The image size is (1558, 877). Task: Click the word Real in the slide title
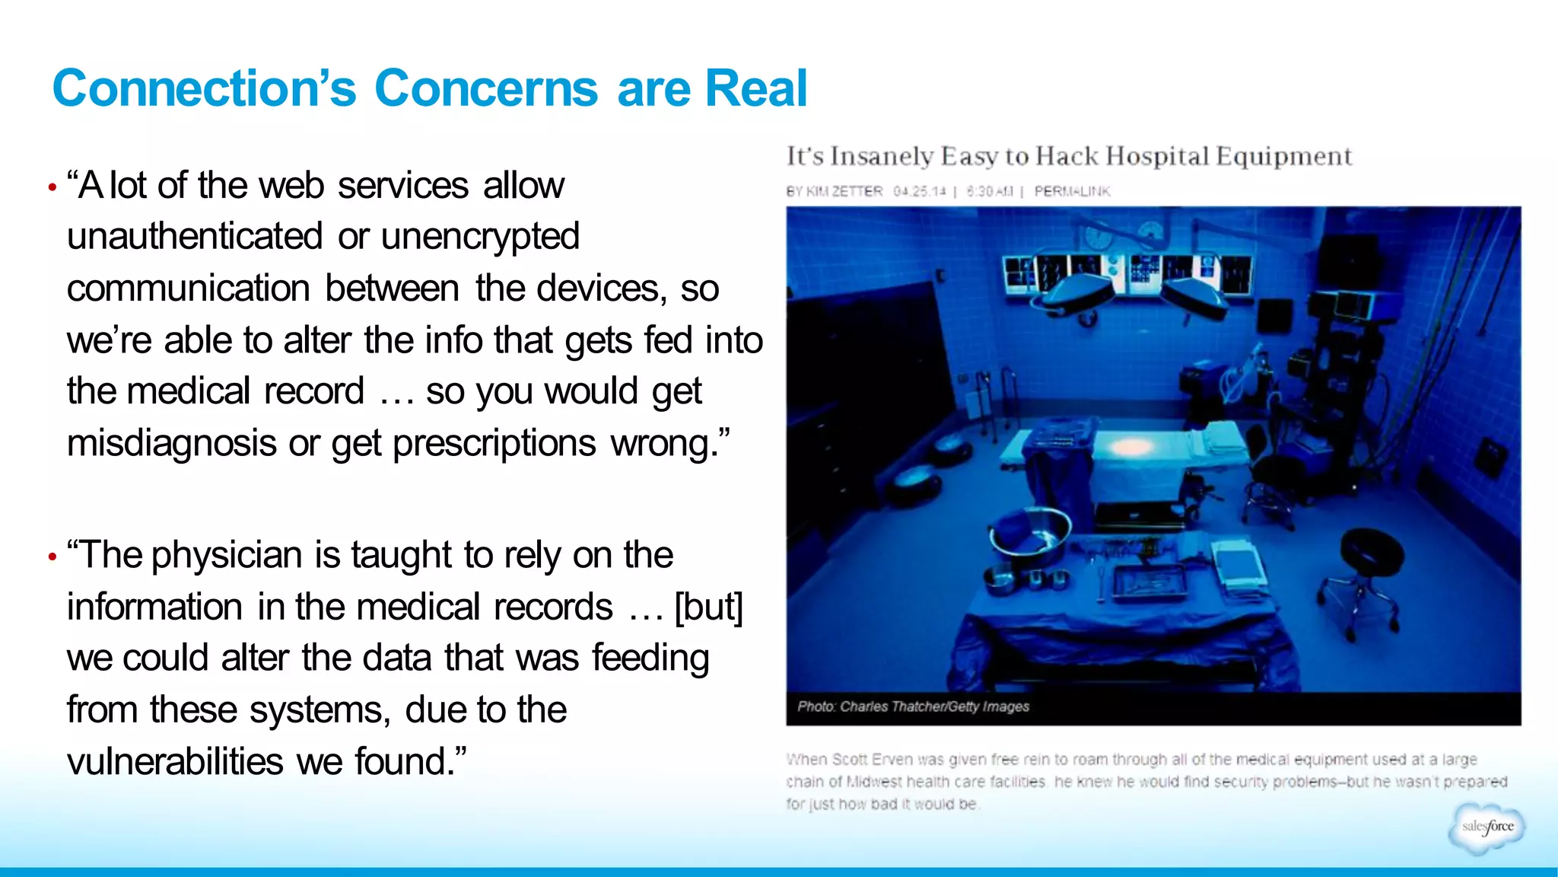755,88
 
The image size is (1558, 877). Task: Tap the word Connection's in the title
204,88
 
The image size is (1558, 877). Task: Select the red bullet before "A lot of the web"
52,187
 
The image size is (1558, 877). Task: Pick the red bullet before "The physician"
52,557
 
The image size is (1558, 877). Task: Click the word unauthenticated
195,236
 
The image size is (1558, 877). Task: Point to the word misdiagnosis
171,443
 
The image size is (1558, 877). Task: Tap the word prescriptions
494,443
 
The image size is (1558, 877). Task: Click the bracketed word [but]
709,608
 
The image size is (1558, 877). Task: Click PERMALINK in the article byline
1072,191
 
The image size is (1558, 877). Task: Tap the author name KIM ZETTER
844,191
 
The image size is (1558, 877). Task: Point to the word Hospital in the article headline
1156,156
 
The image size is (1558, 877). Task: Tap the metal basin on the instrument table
1031,531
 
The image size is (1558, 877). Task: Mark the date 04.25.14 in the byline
919,191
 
